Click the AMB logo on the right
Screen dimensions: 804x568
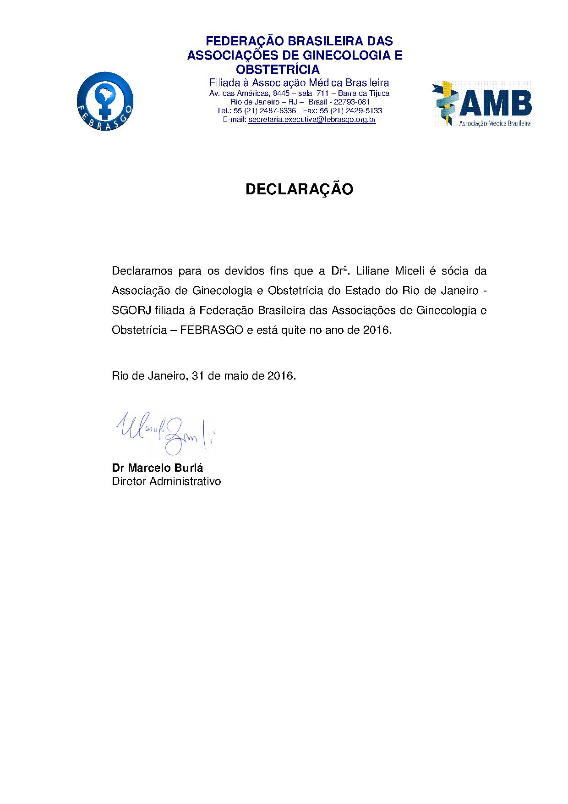(481, 104)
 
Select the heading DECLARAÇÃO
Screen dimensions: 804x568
(299, 189)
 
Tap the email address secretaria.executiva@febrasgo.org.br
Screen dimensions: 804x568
(312, 120)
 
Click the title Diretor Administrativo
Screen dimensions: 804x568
(166, 481)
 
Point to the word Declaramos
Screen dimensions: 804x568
(142, 271)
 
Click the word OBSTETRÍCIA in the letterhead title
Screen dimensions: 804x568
(278, 69)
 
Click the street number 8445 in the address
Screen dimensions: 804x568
(281, 93)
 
